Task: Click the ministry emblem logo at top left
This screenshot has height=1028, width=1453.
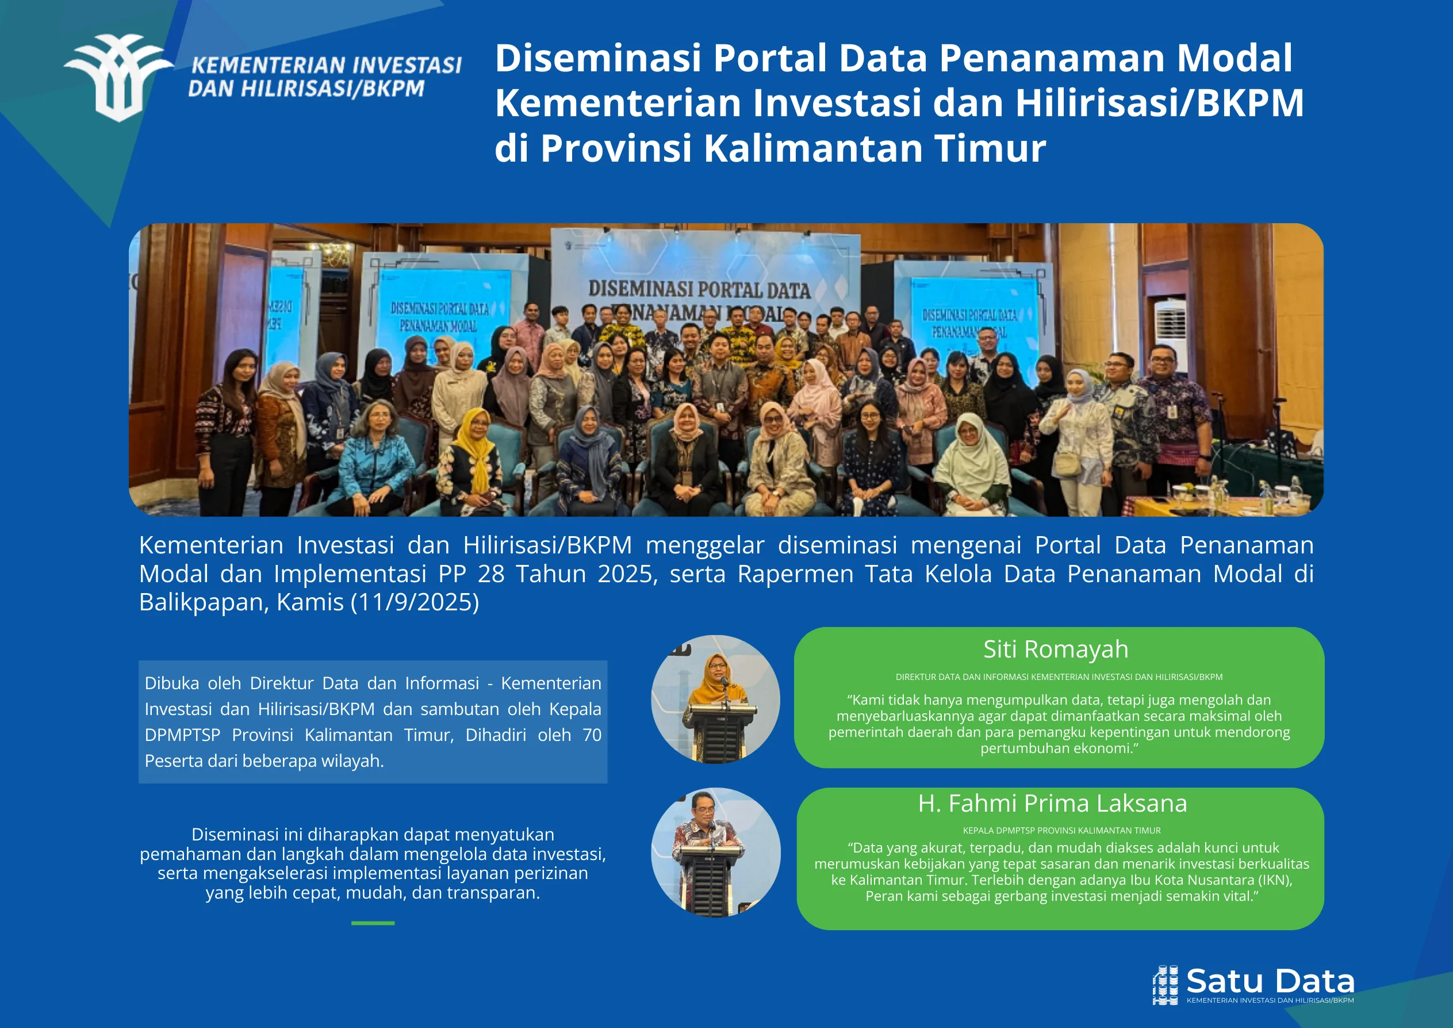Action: pos(118,78)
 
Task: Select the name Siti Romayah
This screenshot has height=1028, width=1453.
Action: pos(1056,649)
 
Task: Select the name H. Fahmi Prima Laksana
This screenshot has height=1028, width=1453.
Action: pos(1052,803)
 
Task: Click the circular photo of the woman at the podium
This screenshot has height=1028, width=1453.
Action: pos(715,699)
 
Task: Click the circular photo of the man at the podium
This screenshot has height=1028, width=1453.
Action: pos(715,852)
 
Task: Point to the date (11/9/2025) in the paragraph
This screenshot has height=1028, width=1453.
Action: pos(415,602)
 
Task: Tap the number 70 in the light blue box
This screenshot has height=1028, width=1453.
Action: pos(592,735)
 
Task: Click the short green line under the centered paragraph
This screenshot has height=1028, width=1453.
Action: pos(373,923)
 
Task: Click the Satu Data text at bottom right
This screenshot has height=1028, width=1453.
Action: pos(1270,981)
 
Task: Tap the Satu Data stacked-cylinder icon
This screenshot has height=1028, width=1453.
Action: pos(1165,985)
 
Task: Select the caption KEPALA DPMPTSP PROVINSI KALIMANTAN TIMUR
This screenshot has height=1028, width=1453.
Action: pos(1061,831)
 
